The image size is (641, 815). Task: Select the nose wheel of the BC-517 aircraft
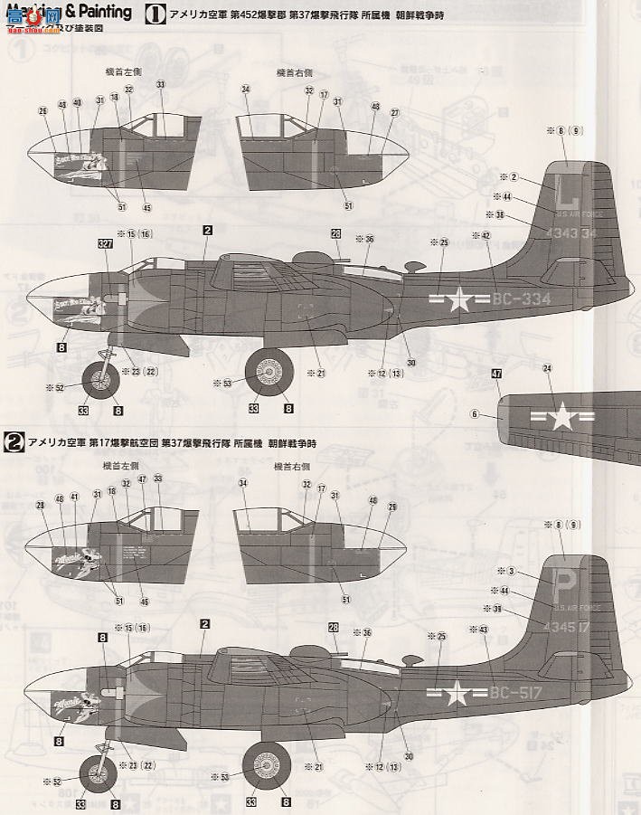click(x=99, y=773)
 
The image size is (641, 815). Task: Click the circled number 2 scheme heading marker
click(x=14, y=443)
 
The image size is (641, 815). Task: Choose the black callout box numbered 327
click(x=106, y=243)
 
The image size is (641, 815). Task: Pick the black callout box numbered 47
click(x=497, y=374)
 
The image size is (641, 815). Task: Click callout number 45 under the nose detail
click(x=146, y=207)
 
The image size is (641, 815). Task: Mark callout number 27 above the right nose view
click(x=394, y=112)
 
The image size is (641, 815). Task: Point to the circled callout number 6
click(x=473, y=414)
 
